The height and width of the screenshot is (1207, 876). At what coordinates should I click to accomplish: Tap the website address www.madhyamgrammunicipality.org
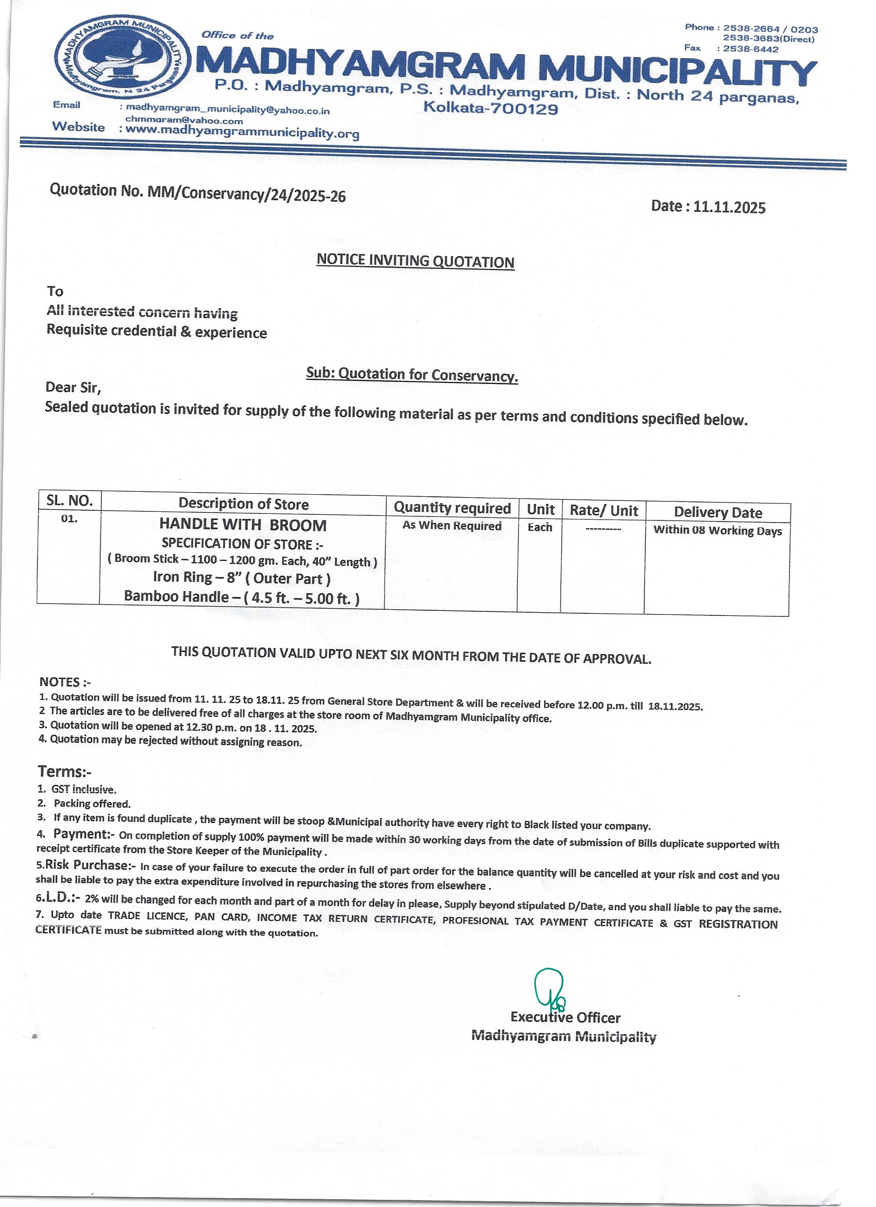(x=243, y=131)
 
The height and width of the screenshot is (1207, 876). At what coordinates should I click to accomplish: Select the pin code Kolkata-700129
(x=490, y=109)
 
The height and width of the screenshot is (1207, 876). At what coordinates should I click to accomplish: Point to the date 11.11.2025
(x=729, y=207)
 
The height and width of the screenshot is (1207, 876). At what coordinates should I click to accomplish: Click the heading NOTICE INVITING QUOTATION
(x=415, y=261)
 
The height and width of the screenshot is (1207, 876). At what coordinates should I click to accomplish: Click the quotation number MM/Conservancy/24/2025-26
(x=246, y=194)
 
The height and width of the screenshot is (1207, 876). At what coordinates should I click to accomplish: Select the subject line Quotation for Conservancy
(x=412, y=375)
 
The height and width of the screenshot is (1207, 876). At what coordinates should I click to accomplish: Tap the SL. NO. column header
(x=70, y=500)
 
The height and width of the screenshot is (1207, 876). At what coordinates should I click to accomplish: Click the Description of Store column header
(x=243, y=504)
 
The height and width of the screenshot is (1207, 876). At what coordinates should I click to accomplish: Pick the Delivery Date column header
(x=717, y=512)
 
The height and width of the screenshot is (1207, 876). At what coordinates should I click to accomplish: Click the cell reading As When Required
(x=452, y=525)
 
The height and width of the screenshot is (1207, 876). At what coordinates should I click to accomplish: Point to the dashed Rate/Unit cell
(x=603, y=529)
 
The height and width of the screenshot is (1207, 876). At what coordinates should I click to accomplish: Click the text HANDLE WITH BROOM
(x=243, y=525)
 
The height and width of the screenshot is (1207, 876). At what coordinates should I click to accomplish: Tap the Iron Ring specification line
(x=242, y=578)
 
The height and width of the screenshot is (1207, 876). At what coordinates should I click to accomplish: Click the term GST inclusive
(x=83, y=789)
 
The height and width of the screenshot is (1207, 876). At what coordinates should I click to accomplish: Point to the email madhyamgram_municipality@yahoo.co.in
(x=228, y=110)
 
